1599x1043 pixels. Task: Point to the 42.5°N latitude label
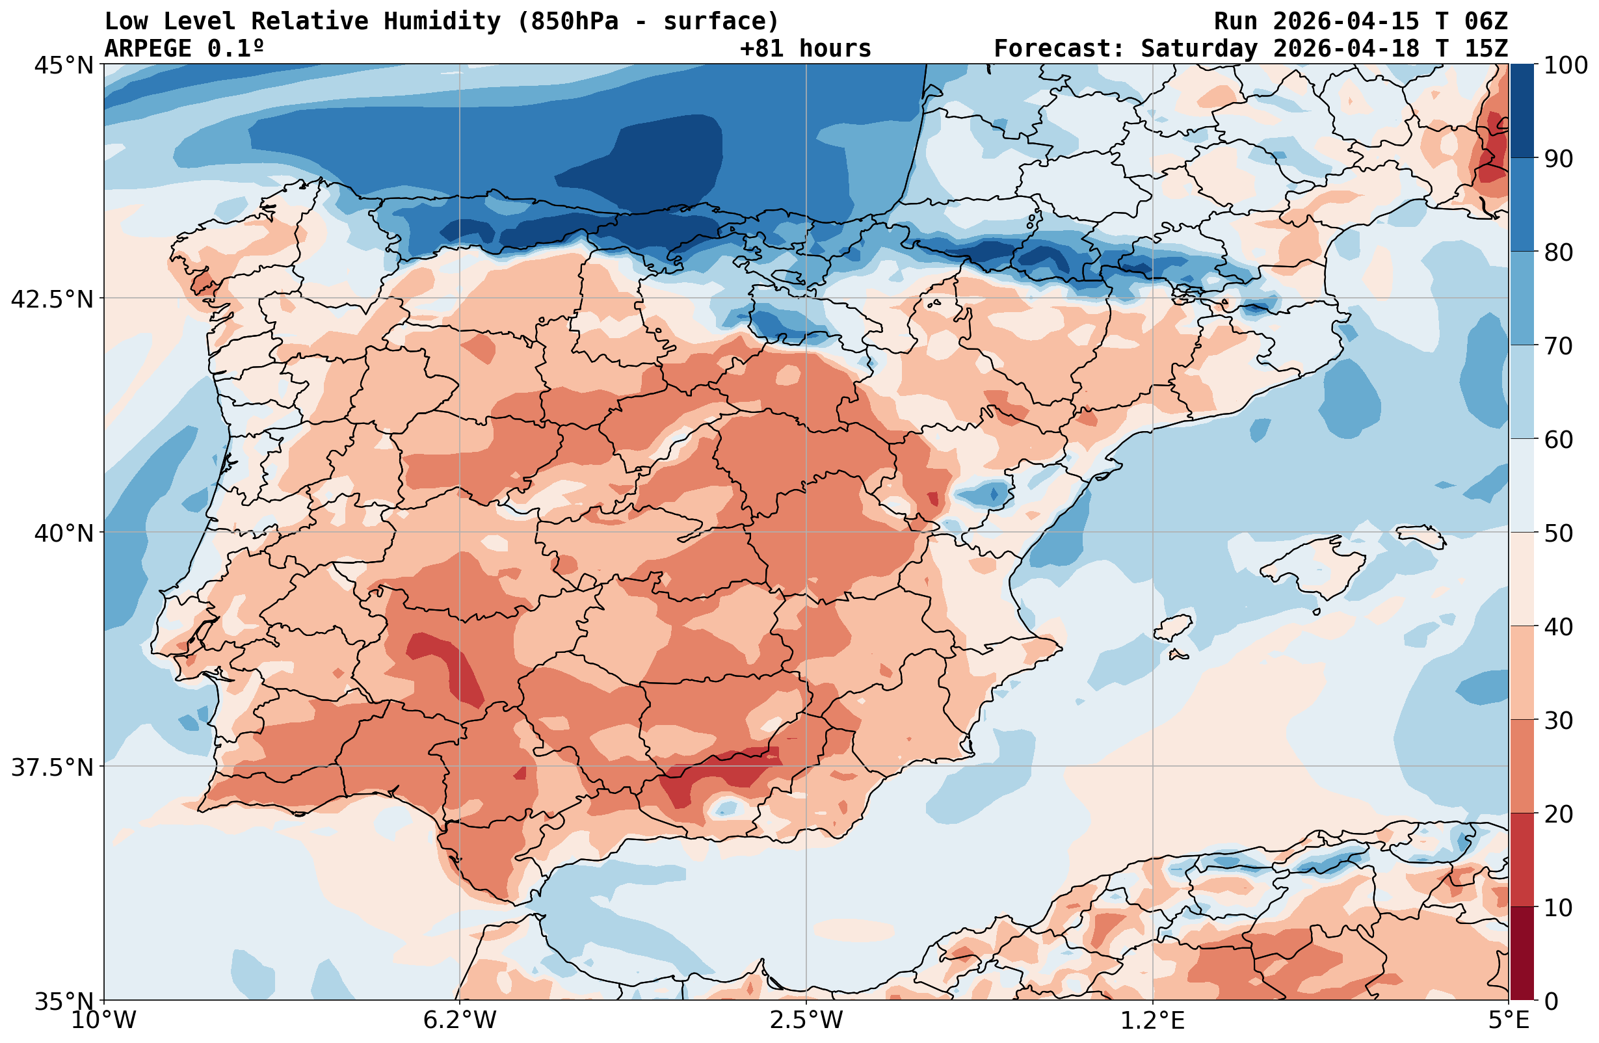[x=53, y=299]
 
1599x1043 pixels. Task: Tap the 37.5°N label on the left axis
[x=53, y=767]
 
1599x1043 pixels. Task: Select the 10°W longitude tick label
[x=103, y=1020]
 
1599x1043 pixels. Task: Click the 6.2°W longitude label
[x=460, y=1020]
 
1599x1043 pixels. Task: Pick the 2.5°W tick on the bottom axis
[x=806, y=1020]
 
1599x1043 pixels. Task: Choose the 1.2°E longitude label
[x=1153, y=1020]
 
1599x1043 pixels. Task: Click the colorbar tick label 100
[x=1565, y=65]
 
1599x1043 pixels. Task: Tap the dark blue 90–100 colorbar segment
[x=1522, y=111]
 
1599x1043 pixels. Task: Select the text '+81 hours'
[x=805, y=49]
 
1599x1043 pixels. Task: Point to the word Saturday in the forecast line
[x=1198, y=49]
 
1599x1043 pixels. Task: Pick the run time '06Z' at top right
[x=1486, y=21]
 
